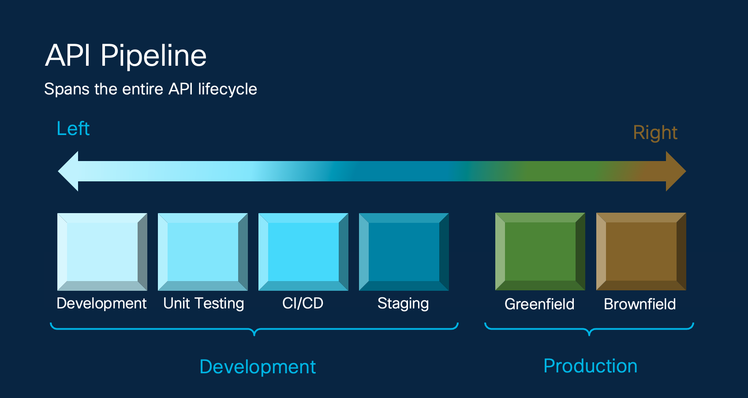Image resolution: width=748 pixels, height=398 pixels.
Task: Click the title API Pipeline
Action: (126, 56)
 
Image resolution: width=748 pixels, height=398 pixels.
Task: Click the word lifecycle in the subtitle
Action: (227, 89)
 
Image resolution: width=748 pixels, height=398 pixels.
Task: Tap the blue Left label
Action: (73, 129)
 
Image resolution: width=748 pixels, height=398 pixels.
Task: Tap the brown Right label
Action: (655, 133)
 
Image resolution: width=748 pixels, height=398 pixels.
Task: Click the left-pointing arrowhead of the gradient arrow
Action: (70, 171)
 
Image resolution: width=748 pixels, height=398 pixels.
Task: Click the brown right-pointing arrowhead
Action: (675, 171)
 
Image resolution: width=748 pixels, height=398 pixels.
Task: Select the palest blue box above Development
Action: (102, 252)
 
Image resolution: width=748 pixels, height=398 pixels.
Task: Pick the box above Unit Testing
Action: (203, 252)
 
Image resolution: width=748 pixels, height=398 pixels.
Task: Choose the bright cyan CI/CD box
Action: (303, 252)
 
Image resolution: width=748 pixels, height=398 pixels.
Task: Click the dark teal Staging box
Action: (404, 252)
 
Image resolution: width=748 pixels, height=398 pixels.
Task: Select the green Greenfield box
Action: (540, 252)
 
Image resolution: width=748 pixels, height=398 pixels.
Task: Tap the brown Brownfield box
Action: (641, 252)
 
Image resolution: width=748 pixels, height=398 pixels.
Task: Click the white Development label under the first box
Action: (101, 304)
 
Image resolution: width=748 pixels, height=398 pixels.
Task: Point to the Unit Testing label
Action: (203, 304)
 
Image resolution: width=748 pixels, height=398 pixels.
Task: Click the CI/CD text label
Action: (303, 304)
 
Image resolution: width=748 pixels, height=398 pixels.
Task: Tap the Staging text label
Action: (403, 304)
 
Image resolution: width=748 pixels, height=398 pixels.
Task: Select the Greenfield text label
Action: (539, 304)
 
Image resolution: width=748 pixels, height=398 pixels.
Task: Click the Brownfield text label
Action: (640, 304)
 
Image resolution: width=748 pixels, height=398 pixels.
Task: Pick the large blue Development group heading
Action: (258, 367)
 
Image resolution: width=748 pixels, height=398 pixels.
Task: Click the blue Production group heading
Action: (590, 366)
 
